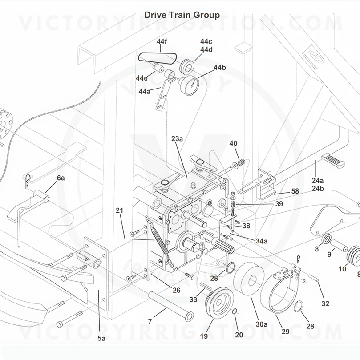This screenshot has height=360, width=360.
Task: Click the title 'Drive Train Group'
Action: coord(182,15)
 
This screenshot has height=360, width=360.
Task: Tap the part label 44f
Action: coord(162,41)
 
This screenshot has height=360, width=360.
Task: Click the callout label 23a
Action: coord(177,139)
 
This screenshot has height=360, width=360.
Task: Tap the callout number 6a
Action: coord(61,178)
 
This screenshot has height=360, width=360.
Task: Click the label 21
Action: coord(119,210)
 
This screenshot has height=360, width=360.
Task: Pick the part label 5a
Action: coord(101,339)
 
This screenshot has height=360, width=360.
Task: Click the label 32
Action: coord(325,304)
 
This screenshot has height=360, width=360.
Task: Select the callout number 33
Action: coord(193,300)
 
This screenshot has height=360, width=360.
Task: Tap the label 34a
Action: coord(261,241)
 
